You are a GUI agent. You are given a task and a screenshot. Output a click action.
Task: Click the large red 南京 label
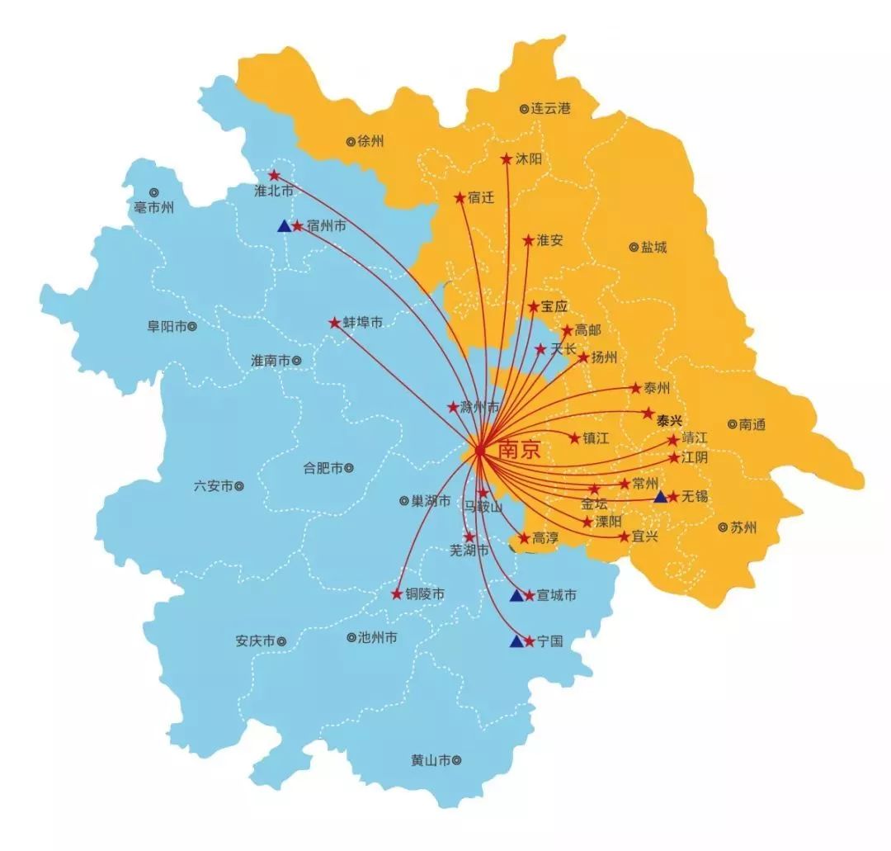click(520, 451)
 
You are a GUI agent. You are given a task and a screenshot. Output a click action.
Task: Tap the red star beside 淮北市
click(275, 175)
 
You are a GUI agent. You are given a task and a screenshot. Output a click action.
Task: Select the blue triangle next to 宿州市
click(284, 225)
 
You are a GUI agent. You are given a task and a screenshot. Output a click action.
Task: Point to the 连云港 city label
click(551, 108)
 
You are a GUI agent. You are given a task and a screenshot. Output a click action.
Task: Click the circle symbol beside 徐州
click(351, 141)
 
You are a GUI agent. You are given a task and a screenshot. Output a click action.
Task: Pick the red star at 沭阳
click(507, 158)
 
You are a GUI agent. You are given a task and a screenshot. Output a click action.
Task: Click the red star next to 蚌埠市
click(334, 323)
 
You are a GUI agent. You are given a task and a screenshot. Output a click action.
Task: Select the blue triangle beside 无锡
click(660, 497)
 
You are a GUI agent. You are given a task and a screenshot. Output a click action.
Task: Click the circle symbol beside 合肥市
click(349, 468)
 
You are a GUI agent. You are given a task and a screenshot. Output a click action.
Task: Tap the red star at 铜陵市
click(395, 593)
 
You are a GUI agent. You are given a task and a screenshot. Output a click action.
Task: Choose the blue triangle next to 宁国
click(516, 641)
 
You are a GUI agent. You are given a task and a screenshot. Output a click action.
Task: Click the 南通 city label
click(752, 424)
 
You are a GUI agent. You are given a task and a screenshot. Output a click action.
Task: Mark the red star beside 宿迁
click(460, 198)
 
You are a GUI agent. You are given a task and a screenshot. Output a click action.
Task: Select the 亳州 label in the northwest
click(154, 207)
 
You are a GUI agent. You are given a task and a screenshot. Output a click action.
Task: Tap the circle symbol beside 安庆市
click(281, 641)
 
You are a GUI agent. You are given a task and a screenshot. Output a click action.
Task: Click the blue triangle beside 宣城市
click(516, 595)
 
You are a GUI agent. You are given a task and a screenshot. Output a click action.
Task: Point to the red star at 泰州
click(635, 388)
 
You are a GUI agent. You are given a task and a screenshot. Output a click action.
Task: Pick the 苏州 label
click(743, 527)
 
